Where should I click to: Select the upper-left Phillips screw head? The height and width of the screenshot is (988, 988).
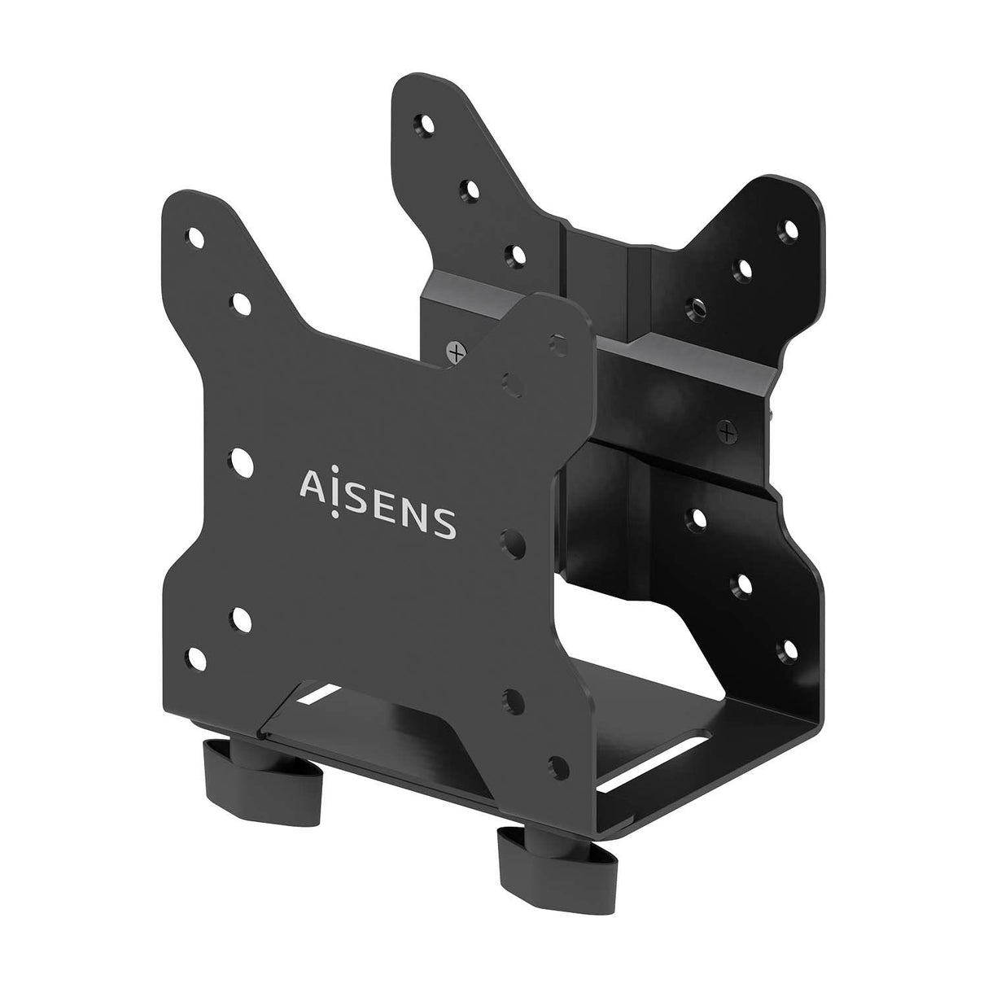point(455,352)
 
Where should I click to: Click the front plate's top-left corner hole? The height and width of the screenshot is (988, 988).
point(195,238)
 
